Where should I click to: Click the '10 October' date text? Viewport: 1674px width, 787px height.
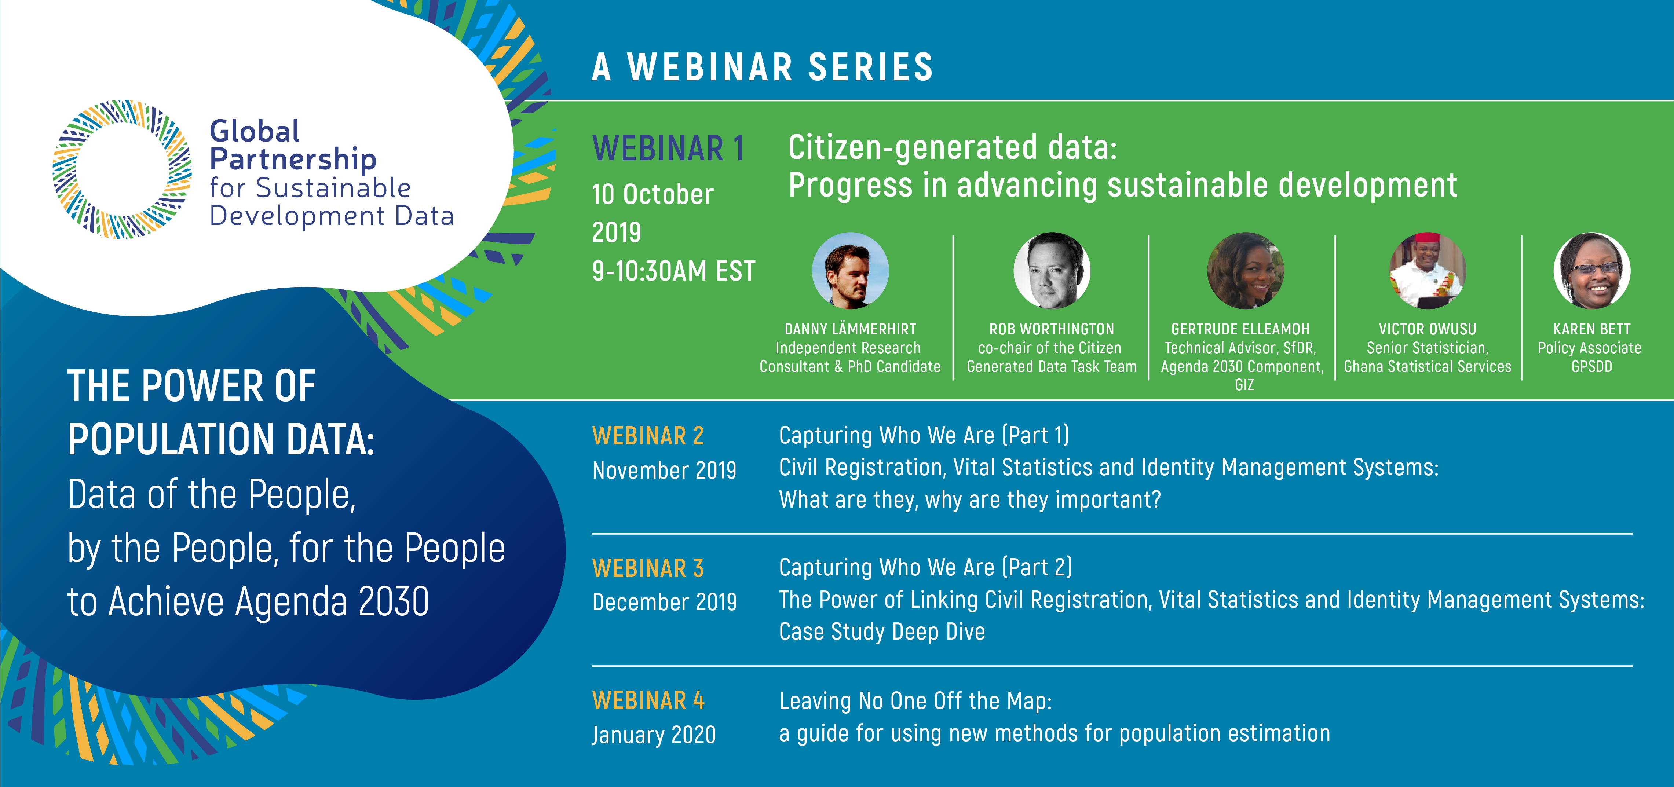653,194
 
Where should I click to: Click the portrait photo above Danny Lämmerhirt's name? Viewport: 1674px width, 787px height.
850,270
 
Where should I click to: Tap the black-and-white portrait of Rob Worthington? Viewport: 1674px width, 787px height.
1052,270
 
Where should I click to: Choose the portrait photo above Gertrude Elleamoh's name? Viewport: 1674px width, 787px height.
1245,270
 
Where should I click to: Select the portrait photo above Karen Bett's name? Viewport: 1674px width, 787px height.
1591,270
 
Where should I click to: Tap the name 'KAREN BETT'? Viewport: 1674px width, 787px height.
1591,329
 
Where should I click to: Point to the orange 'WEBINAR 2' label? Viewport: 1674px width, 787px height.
648,435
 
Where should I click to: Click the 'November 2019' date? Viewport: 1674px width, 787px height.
664,470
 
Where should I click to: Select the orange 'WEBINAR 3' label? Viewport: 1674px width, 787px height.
648,568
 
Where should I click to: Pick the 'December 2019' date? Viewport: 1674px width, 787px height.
664,602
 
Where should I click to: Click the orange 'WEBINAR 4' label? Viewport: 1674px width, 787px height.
648,700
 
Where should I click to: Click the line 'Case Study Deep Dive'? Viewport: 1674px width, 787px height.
882,632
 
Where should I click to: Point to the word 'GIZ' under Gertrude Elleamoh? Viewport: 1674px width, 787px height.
1244,385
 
